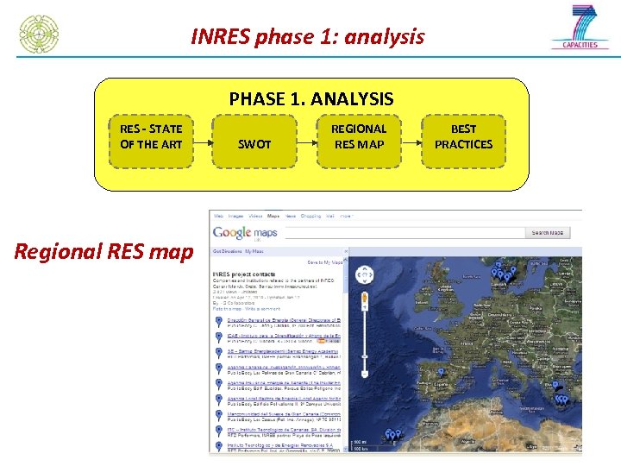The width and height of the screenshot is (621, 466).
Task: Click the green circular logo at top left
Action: pos(40,34)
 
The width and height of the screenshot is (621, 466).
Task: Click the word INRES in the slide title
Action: pos(220,37)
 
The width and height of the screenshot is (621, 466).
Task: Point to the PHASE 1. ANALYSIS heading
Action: pos(310,99)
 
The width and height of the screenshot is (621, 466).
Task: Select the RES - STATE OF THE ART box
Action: pos(151,136)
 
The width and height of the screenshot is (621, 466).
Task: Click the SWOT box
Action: pos(254,144)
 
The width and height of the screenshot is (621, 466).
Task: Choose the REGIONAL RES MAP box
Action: pos(359,136)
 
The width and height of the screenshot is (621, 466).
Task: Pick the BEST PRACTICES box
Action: pos(463,136)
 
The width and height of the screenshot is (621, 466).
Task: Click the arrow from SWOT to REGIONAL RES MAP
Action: pos(306,141)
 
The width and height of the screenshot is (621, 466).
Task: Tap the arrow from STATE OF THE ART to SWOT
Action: pos(202,141)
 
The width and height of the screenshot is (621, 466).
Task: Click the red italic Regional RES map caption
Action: pos(103,252)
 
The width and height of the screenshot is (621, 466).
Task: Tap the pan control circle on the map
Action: pos(365,275)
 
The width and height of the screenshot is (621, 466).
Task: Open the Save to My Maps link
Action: pos(325,261)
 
